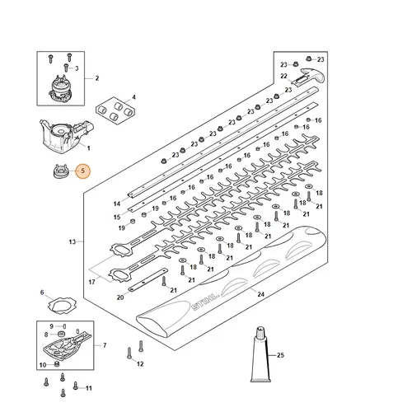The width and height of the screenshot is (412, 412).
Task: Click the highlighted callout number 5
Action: click(x=81, y=171)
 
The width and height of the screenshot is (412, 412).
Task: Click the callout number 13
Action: click(x=73, y=242)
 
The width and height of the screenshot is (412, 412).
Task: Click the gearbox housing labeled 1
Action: click(x=62, y=135)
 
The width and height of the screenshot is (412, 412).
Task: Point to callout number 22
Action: click(x=283, y=76)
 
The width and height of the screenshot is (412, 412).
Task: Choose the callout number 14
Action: click(x=117, y=203)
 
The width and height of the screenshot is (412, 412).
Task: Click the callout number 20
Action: click(x=121, y=297)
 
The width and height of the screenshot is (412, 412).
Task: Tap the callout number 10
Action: click(x=43, y=364)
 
